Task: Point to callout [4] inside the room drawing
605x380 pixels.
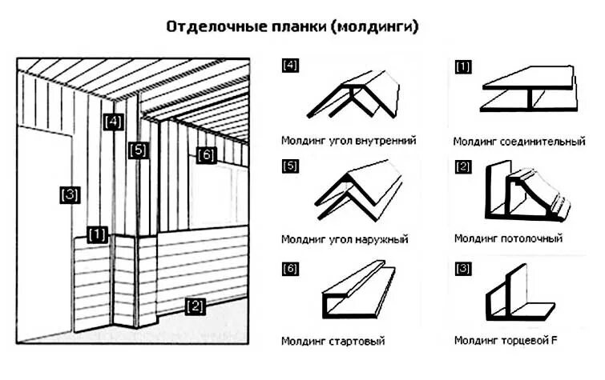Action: [114, 122]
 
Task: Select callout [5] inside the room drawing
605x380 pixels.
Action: [138, 150]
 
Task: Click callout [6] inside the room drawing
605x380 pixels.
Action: [205, 154]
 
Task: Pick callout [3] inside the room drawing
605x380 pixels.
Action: [71, 194]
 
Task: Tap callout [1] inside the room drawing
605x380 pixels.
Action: [97, 234]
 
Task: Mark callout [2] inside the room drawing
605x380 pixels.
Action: [194, 304]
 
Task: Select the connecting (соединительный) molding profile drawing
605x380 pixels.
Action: [528, 92]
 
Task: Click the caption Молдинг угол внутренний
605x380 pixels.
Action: [349, 141]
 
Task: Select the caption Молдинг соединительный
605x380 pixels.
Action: [519, 142]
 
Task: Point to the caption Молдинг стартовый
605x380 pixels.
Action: [333, 342]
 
